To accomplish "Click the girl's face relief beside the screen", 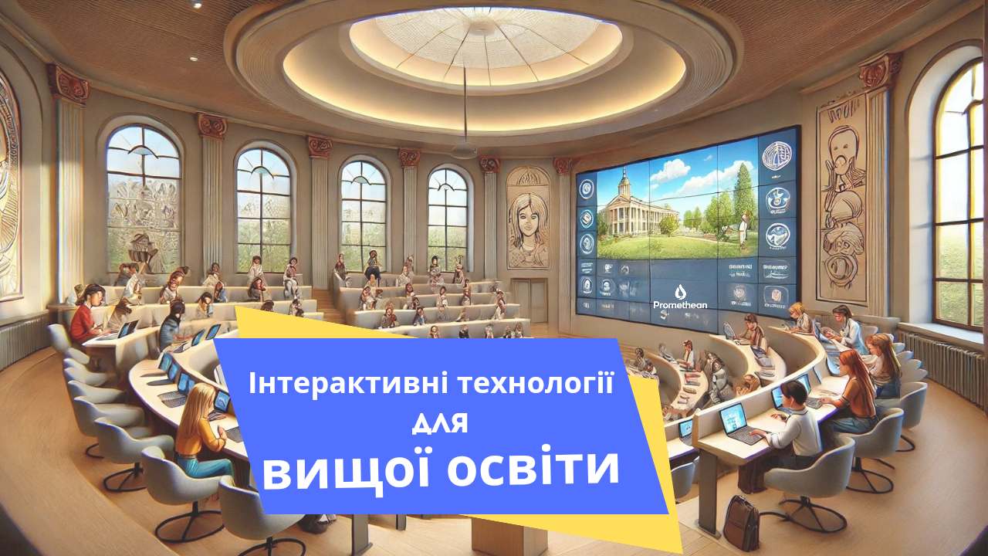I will [527, 217].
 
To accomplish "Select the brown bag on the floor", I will [740, 522].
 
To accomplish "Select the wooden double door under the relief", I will [529, 300].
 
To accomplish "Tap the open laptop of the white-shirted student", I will [733, 422].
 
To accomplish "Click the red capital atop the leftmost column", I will [68, 84].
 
